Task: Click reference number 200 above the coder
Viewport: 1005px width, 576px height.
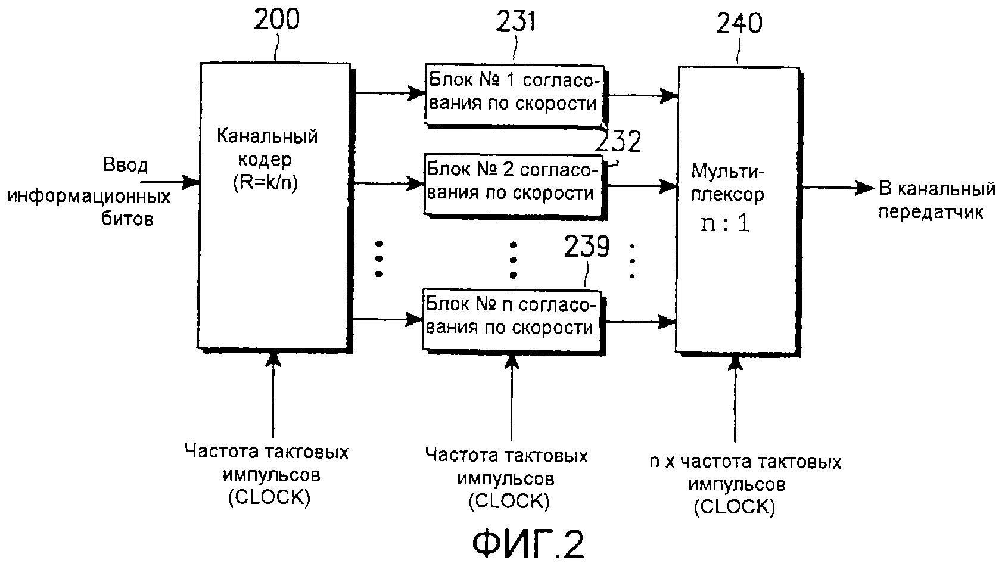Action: pos(276,20)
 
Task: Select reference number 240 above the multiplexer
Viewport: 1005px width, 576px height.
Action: pos(738,23)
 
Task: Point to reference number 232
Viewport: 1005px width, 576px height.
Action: pos(618,142)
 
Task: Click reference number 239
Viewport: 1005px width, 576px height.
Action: pos(587,247)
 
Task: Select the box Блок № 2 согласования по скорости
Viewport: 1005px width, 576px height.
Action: pos(513,183)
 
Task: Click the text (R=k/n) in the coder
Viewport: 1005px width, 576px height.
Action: pos(266,183)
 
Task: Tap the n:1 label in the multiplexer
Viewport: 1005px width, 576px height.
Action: pos(725,225)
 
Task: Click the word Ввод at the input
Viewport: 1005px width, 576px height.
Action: pos(125,164)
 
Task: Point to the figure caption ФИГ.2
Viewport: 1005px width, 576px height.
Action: pos(528,544)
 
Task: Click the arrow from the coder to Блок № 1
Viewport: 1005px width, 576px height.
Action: pos(387,92)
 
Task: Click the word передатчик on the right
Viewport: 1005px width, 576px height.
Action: pos(931,212)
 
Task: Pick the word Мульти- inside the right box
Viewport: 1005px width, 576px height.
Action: pos(727,171)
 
